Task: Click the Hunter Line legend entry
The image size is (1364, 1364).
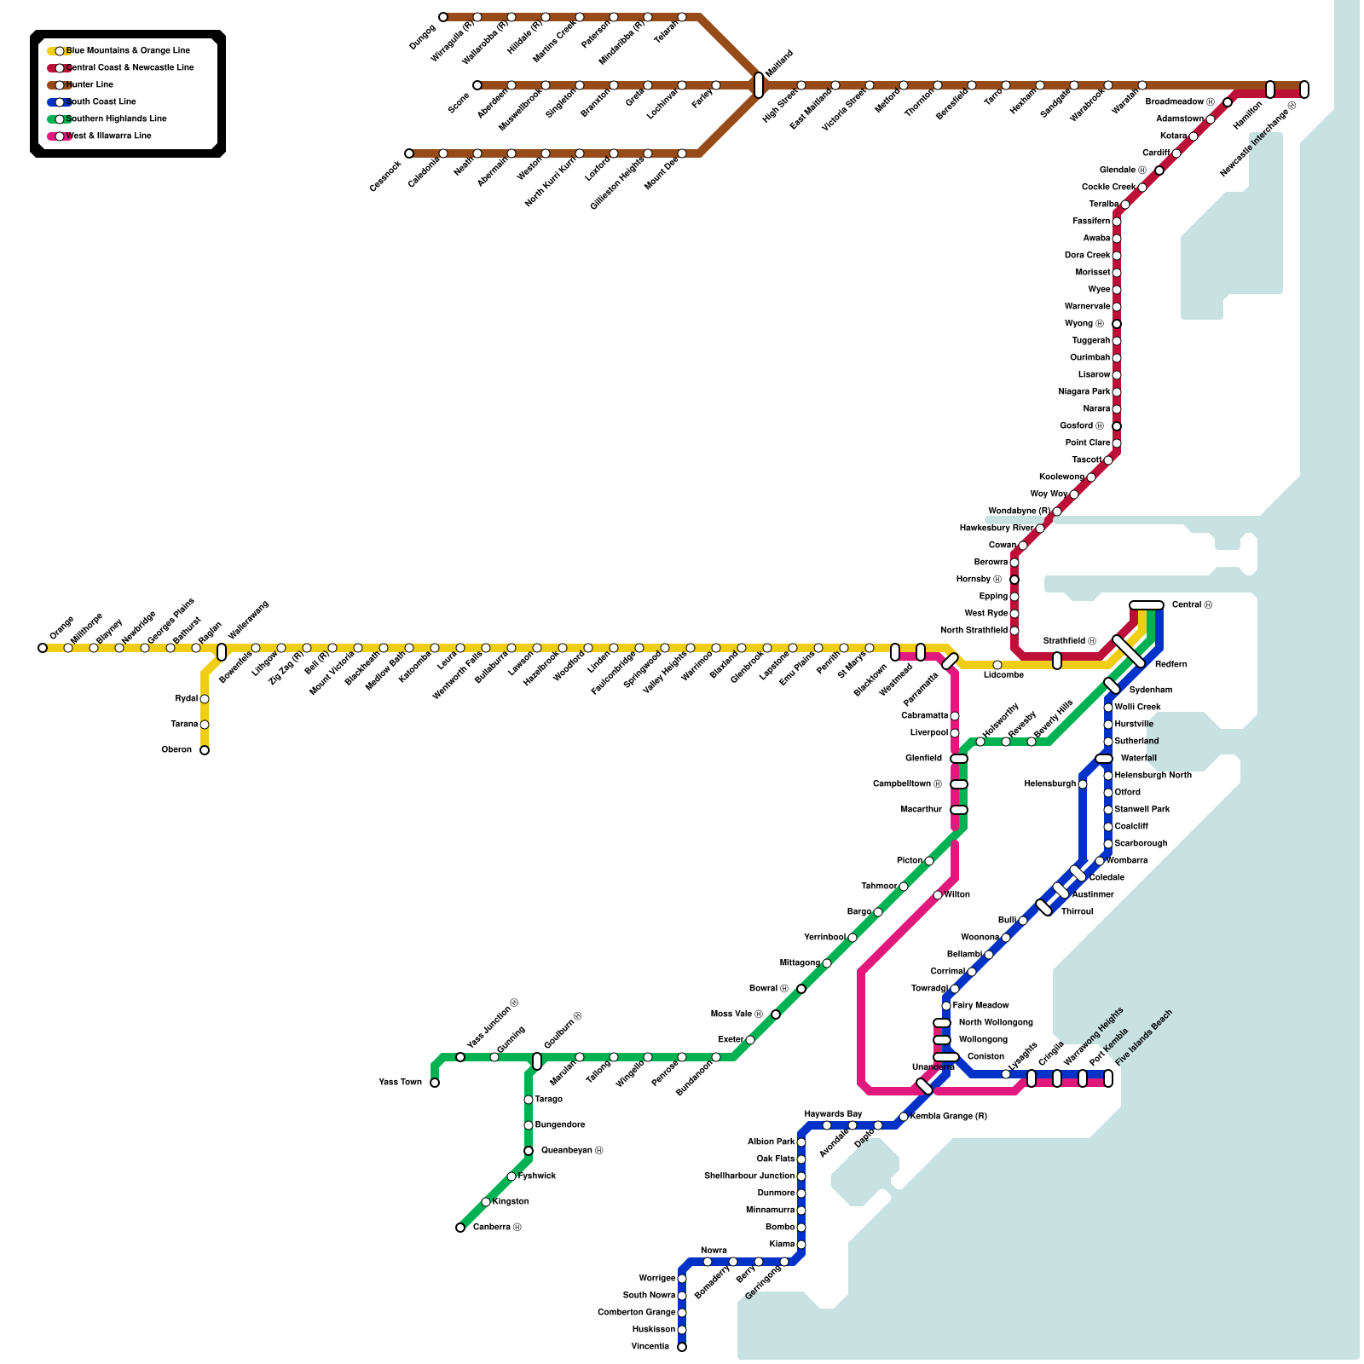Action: [x=90, y=85]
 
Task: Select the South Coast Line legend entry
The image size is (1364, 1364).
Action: [x=101, y=102]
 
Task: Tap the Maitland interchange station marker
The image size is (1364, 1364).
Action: [x=759, y=85]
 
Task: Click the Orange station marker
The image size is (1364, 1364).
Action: [x=43, y=648]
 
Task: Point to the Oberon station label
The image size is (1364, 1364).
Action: [x=176, y=750]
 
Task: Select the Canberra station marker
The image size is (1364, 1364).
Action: [x=460, y=1228]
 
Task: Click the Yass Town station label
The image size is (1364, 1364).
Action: [x=400, y=1083]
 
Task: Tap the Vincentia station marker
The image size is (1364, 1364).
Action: [x=682, y=1347]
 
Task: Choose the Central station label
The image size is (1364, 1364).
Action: [x=1192, y=605]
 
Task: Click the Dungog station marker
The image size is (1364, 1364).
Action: [x=443, y=17]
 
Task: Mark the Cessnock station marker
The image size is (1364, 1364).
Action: [x=409, y=153]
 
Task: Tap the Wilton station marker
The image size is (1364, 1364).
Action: [x=938, y=895]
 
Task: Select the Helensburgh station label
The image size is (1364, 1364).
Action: [x=1050, y=784]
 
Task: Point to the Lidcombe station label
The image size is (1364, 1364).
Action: [x=1003, y=675]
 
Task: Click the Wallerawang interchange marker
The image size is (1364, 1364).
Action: [x=222, y=652]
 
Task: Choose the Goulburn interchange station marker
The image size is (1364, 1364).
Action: [x=537, y=1061]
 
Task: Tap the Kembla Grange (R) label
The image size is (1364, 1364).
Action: [x=948, y=1117]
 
